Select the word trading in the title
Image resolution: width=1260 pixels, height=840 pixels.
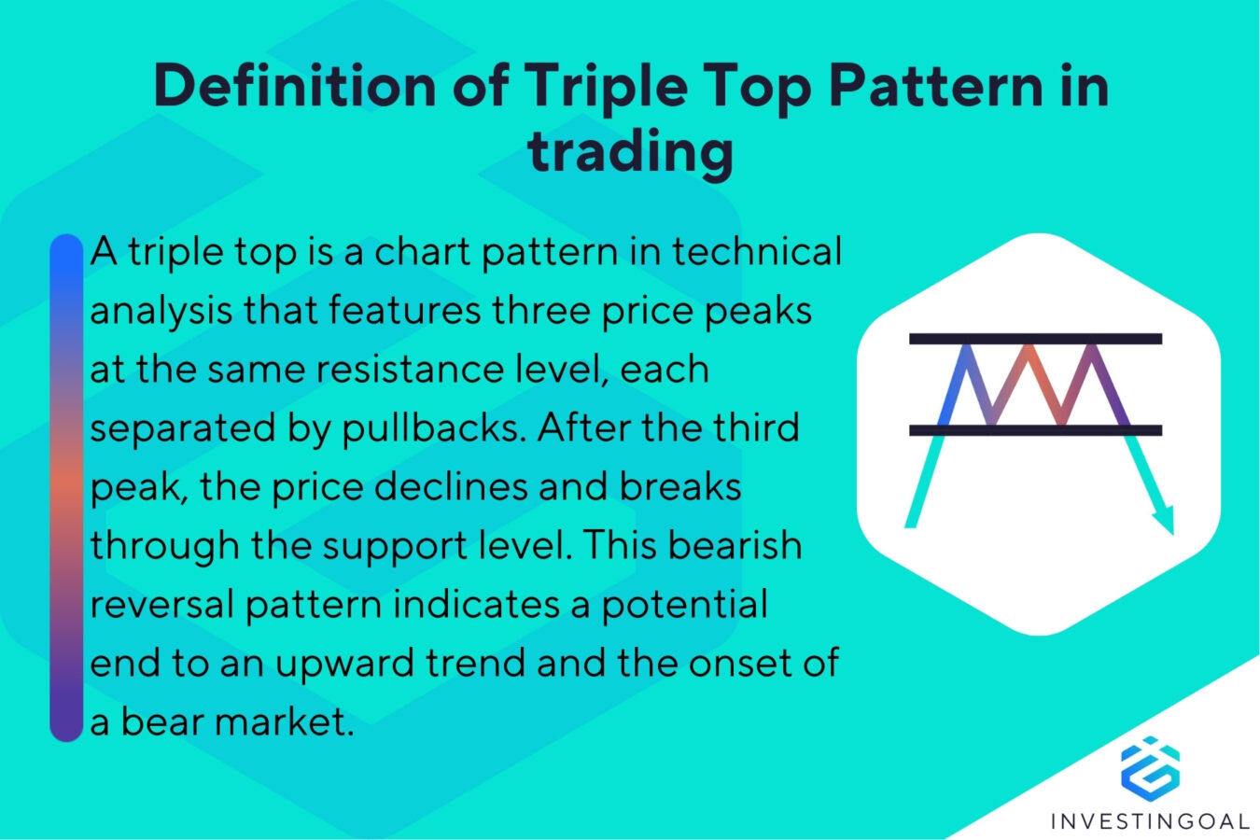click(x=630, y=151)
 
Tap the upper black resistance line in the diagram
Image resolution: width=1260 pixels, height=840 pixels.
click(x=1035, y=339)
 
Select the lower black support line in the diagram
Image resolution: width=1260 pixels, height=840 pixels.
click(x=1035, y=430)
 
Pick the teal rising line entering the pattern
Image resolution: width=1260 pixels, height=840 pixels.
click(x=919, y=485)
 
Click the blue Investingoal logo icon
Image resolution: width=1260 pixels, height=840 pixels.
click(x=1150, y=766)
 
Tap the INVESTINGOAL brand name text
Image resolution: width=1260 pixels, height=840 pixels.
click(x=1150, y=821)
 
